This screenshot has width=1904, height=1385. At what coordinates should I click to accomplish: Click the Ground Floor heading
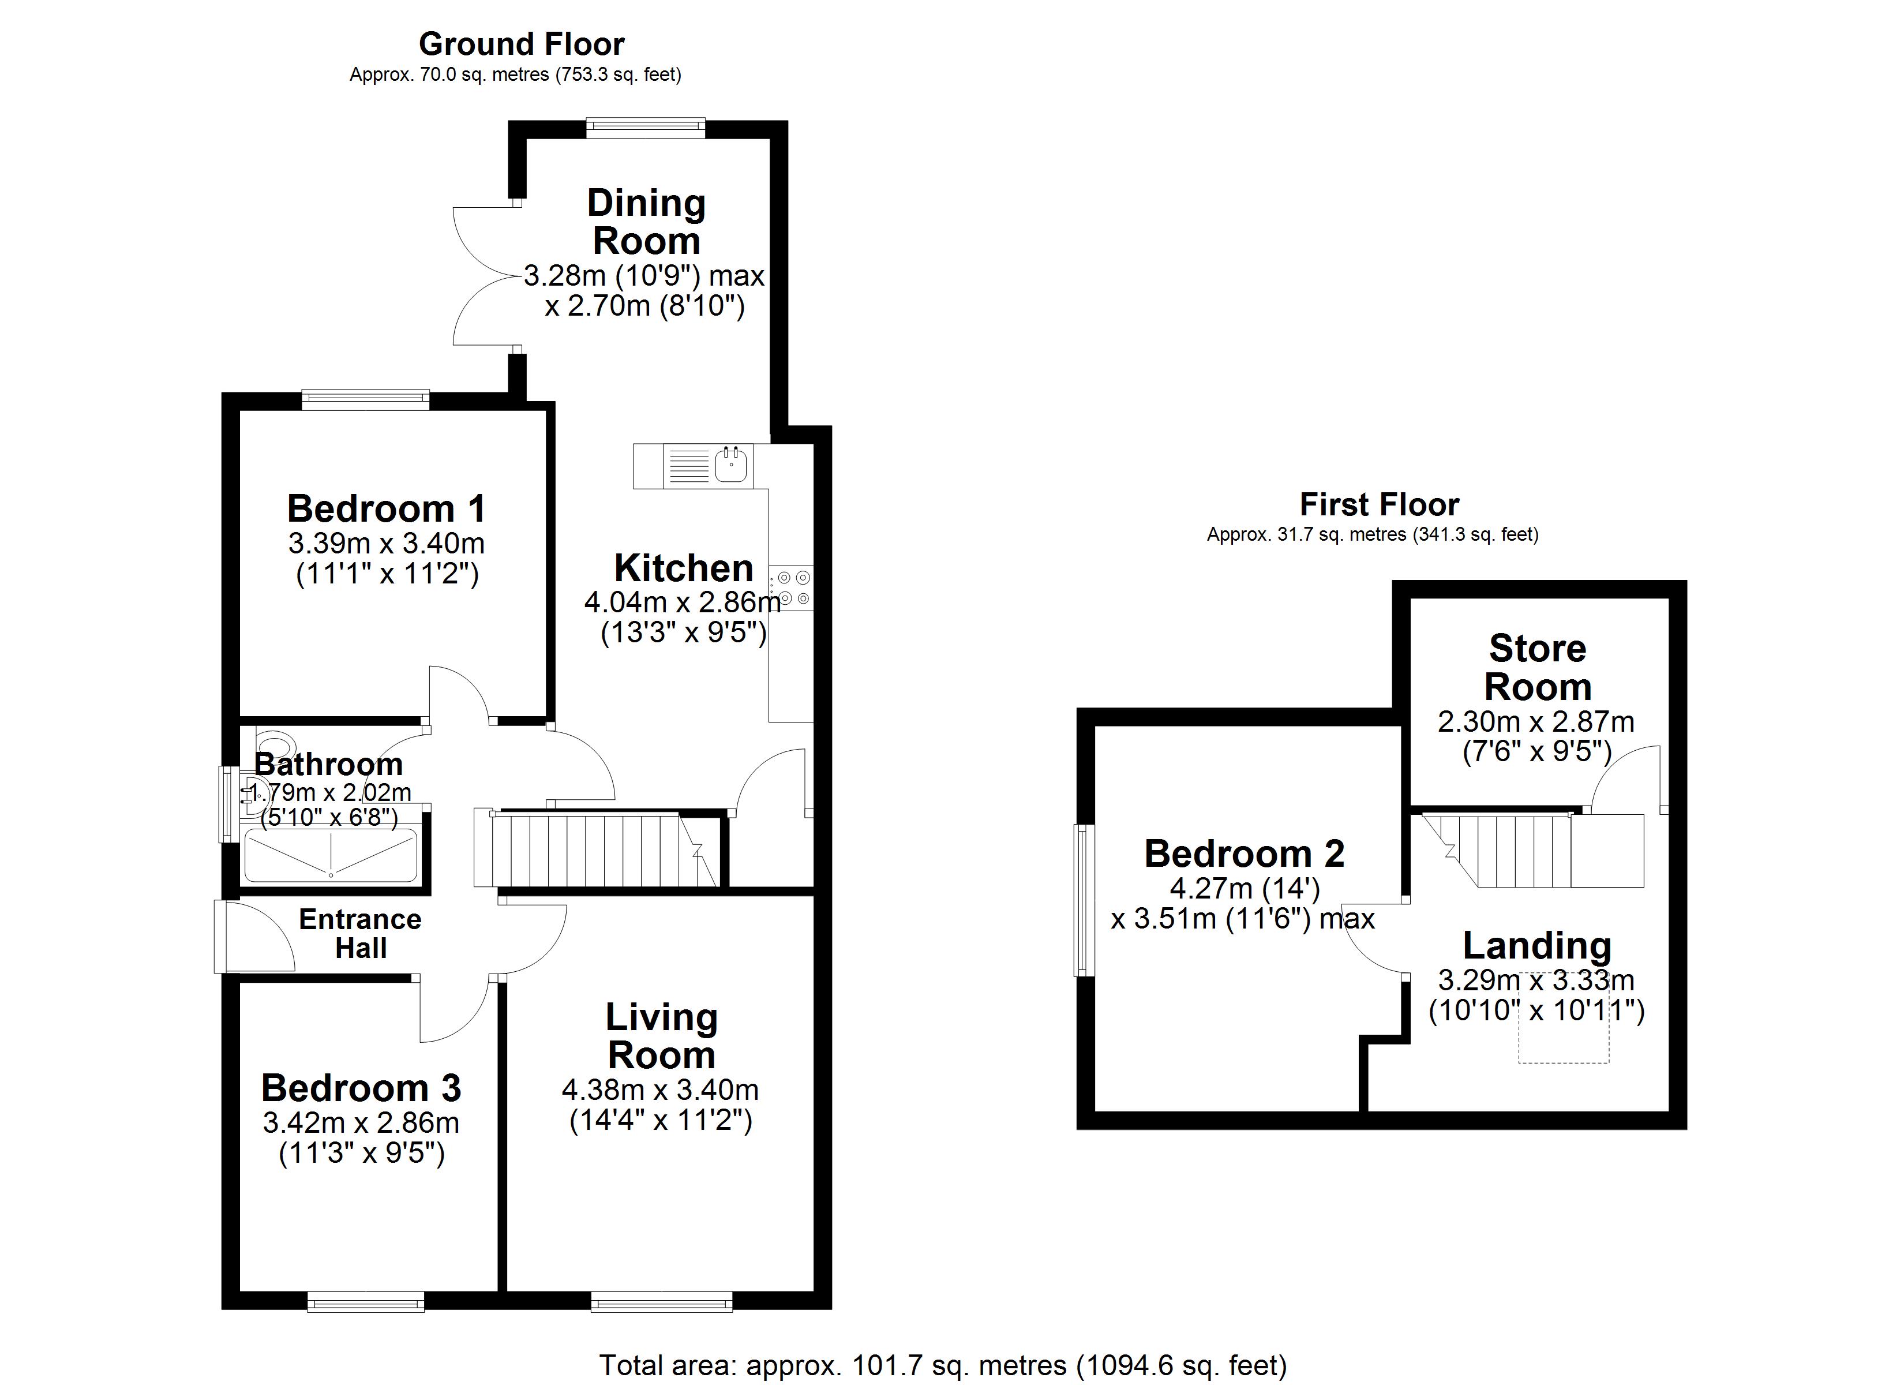click(522, 44)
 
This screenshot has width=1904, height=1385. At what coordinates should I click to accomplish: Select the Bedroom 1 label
click(386, 509)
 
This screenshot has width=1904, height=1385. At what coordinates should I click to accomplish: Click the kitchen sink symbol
click(731, 465)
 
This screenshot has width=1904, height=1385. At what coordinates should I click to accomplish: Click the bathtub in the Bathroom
click(330, 856)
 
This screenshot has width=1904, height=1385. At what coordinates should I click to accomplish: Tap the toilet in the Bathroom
click(275, 744)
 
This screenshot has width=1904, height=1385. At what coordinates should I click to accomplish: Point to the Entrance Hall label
click(360, 933)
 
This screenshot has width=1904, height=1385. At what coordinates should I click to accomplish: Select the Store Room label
click(1537, 668)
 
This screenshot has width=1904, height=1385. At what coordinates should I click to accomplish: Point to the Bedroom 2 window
click(1084, 900)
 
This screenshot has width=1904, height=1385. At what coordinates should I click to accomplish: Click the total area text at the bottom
click(942, 1365)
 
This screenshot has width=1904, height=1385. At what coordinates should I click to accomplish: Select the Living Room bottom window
click(662, 1302)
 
